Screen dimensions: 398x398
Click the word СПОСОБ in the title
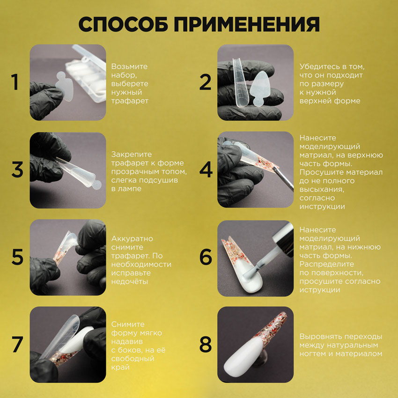(123, 24)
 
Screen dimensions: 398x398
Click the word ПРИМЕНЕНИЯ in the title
(247, 24)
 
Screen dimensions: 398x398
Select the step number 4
(206, 170)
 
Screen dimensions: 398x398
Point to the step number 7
(17, 344)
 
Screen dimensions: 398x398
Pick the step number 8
(206, 344)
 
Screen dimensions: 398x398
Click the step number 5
(17, 257)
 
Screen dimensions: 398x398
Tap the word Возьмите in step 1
(129, 66)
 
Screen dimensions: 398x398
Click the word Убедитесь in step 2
(318, 66)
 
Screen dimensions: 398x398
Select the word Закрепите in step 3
(132, 155)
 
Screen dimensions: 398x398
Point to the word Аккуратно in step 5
(132, 239)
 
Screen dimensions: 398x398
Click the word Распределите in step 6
(327, 264)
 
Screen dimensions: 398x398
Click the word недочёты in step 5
(130, 281)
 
